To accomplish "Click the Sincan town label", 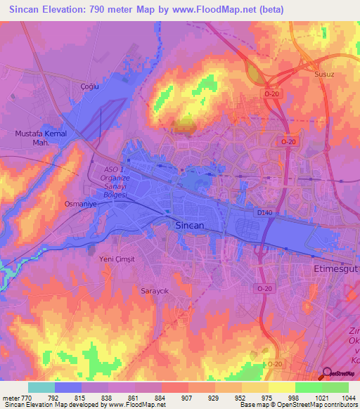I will coord(188,226).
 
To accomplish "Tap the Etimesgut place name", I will coord(335,268).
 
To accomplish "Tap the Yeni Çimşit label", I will coord(115,258).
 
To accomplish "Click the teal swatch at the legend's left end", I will coord(41,387).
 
